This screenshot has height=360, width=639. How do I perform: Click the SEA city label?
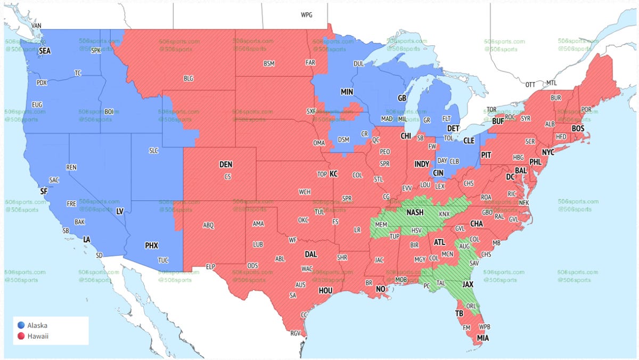[x=45, y=51]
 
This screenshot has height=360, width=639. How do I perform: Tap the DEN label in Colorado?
[x=226, y=165]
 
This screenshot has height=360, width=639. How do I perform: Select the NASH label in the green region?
[x=415, y=212]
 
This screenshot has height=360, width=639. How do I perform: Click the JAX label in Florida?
[x=468, y=284]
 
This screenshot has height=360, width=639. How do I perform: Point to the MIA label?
[x=483, y=338]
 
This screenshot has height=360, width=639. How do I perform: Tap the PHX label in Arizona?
[x=152, y=246]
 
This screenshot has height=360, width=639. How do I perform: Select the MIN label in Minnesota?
[x=347, y=92]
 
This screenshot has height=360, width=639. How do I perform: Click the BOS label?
[x=578, y=128]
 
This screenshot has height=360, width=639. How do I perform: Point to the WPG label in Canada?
[x=307, y=15]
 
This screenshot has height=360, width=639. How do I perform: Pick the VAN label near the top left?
[x=37, y=26]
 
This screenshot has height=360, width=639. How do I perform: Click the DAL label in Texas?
[x=310, y=255]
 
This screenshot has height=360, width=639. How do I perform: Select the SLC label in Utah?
[x=153, y=151]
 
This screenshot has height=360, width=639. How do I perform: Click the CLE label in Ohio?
[x=469, y=141]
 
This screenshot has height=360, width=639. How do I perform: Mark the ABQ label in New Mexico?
[x=208, y=225]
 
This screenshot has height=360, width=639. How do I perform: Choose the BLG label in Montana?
[x=189, y=78]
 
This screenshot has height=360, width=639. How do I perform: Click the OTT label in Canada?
[x=530, y=85]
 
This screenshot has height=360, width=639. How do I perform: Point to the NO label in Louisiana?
[x=381, y=289]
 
